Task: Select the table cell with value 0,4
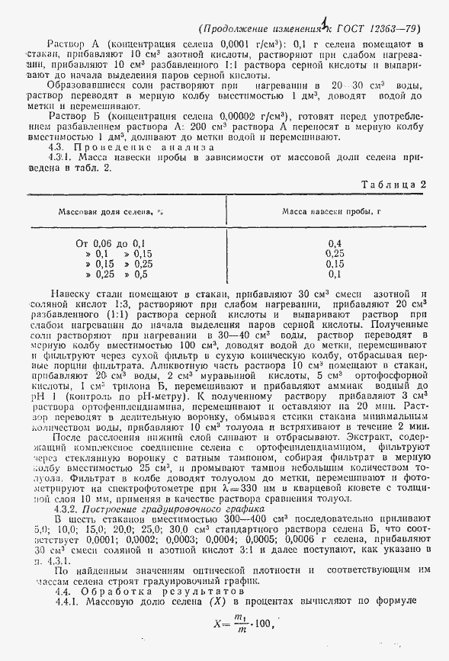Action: [334, 243]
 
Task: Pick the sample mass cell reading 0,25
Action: [334, 253]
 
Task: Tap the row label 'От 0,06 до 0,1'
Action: [111, 243]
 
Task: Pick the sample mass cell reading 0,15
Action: [334, 263]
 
